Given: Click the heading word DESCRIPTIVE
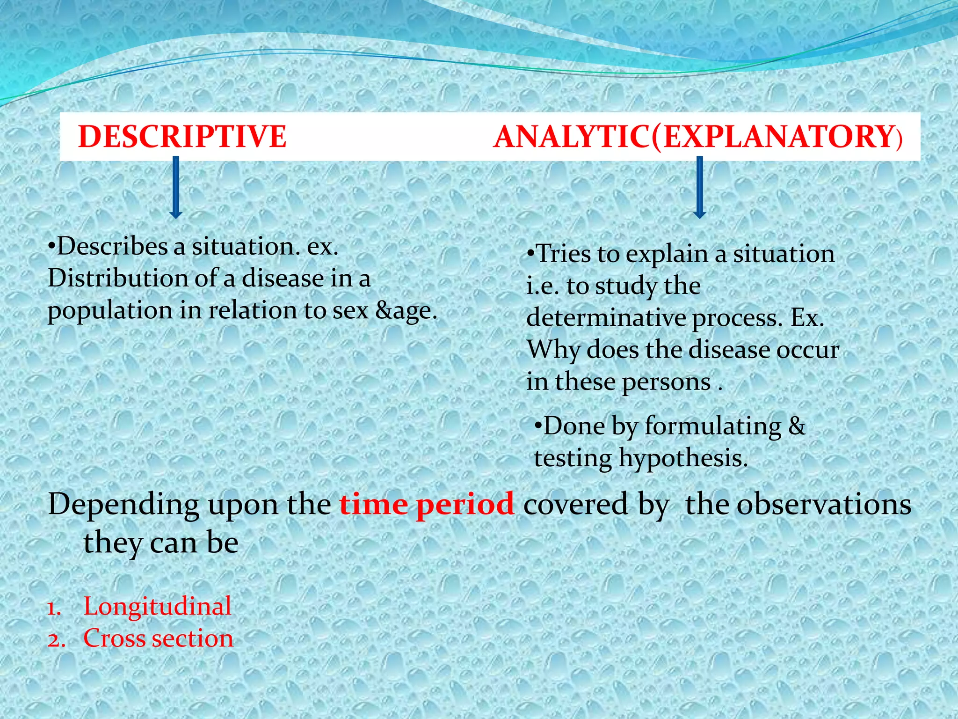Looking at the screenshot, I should point(182,137).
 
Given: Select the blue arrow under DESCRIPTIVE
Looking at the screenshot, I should point(176,187).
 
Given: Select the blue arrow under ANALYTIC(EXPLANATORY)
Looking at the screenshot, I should point(699,187).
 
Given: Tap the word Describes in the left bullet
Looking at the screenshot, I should point(112,246).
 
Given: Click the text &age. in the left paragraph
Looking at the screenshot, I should point(406,311).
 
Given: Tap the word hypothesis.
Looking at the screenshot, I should point(683,458).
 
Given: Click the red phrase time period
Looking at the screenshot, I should point(426,505).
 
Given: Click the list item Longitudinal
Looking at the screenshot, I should point(157,606).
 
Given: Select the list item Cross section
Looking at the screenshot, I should point(158,638).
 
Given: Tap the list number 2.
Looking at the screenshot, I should point(55,640).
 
